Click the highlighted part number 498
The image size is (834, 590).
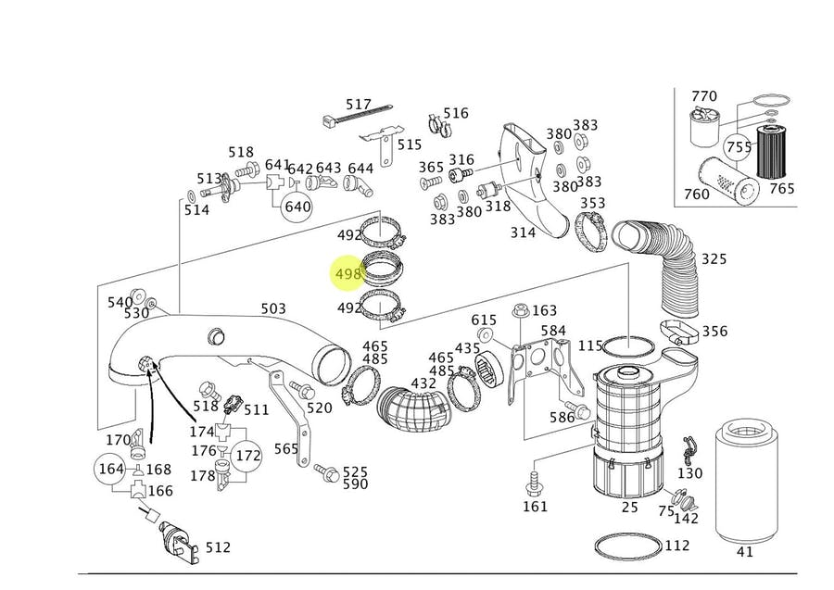pos(347,274)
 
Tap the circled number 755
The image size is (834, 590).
pos(739,147)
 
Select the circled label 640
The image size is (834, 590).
pos(297,206)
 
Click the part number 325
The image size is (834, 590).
pos(714,258)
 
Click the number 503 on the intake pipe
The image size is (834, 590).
pos(272,308)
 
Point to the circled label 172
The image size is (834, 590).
pos(248,456)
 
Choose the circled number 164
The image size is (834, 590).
pos(111,469)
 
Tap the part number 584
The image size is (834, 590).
pos(553,331)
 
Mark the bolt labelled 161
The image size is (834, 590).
pos(535,483)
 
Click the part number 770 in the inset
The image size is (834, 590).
pos(704,96)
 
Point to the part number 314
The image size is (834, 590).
pos(523,232)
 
